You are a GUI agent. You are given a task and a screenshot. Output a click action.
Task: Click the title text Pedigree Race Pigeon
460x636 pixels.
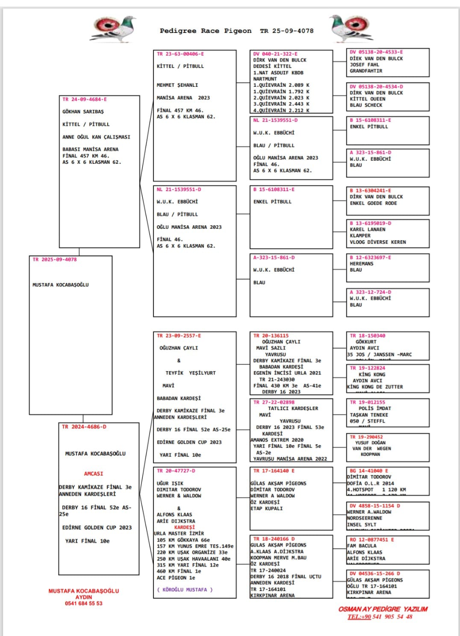(205, 31)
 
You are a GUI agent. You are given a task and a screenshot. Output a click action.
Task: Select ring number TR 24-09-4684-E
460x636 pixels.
(85, 99)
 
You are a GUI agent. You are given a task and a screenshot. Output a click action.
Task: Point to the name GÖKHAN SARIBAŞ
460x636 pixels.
(83, 112)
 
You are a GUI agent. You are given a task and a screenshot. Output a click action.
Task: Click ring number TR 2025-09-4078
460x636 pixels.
(55, 260)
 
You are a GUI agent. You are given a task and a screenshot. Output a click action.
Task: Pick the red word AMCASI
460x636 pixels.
(94, 473)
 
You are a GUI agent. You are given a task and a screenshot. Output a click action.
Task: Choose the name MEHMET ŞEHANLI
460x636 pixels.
(177, 85)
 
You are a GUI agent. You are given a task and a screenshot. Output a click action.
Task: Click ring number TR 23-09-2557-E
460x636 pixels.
(179, 336)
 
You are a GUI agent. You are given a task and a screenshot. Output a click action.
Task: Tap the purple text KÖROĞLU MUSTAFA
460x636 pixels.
(185, 589)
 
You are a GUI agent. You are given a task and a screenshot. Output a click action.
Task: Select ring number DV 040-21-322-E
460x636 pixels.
(275, 54)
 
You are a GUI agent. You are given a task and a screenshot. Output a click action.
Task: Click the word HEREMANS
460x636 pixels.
(361, 264)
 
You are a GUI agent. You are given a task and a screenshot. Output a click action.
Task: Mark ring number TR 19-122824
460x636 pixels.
(367, 368)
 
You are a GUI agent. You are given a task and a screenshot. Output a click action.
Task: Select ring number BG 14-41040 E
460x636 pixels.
(366, 470)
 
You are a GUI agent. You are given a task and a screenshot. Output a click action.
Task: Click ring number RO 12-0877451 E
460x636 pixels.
(372, 540)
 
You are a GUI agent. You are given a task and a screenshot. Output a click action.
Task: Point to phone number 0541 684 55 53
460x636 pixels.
(83, 603)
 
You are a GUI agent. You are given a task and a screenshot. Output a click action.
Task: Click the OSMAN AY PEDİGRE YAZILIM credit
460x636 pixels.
(383, 609)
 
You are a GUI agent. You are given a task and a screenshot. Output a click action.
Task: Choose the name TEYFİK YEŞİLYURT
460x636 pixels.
(191, 373)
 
